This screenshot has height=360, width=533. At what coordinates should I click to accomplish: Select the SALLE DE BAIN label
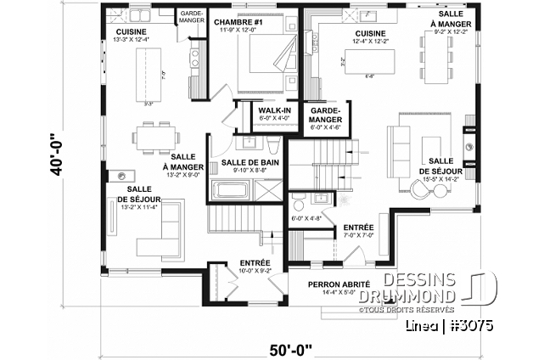[x=245, y=162]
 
